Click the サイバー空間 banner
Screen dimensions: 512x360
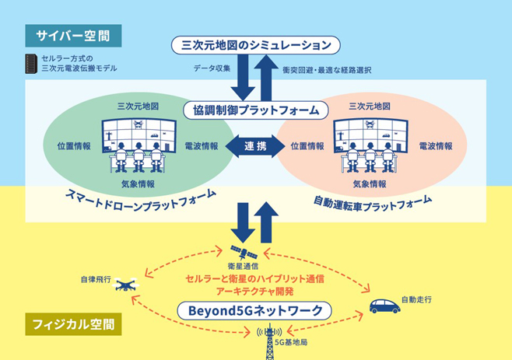[x=73, y=36]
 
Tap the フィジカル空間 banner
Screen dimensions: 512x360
[x=73, y=324]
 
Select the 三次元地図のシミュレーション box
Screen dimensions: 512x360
[x=256, y=45]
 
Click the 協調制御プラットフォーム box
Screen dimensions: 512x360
[x=256, y=110]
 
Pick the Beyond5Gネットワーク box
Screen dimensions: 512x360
[x=254, y=311]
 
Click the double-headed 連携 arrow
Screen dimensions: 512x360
[x=255, y=146]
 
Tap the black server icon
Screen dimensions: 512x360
[x=31, y=64]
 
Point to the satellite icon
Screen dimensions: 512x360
[x=244, y=252]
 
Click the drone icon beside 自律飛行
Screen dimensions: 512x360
[x=126, y=285]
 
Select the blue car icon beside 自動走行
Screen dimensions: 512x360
[x=385, y=306]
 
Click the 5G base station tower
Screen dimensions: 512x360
[x=269, y=341]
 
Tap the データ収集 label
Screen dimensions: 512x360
[x=212, y=68]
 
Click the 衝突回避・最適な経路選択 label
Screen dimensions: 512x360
[x=327, y=70]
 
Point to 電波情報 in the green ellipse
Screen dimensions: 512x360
[x=202, y=146]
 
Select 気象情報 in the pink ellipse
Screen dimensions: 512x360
[x=370, y=184]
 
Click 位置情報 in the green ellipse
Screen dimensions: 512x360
[x=74, y=146]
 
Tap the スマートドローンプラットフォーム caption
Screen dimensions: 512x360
[x=141, y=200]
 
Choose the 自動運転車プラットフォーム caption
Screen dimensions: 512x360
[x=373, y=203]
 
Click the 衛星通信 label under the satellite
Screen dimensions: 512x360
[x=243, y=267]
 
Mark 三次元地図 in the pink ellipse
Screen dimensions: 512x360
[x=370, y=106]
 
